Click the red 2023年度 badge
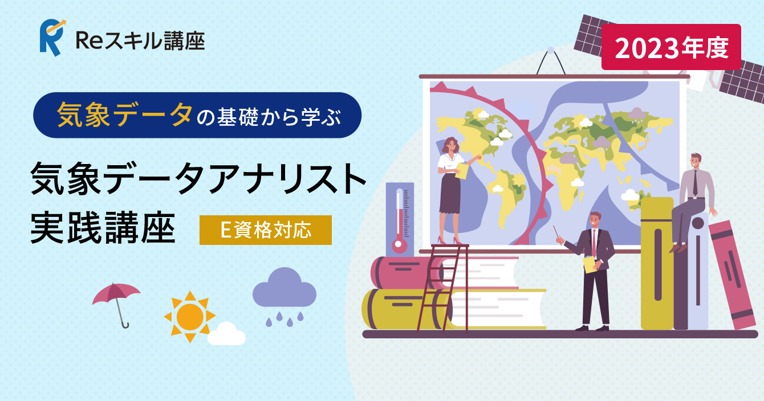(x=671, y=47)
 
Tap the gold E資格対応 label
(x=265, y=230)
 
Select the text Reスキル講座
(x=140, y=41)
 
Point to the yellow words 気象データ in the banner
(x=125, y=114)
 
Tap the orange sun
(x=190, y=317)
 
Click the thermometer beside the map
(x=400, y=220)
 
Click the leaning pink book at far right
(x=732, y=275)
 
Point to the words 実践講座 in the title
(x=103, y=227)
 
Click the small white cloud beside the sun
(x=226, y=334)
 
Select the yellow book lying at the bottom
(x=454, y=309)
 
